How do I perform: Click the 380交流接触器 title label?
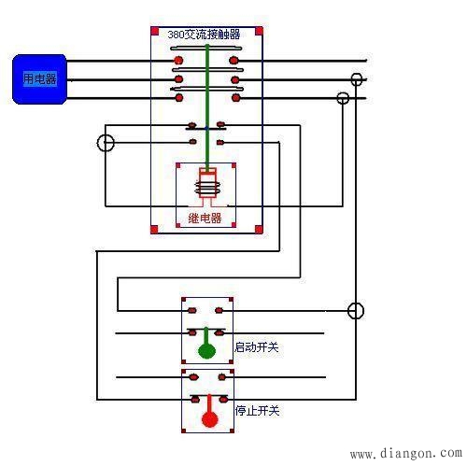click(205, 35)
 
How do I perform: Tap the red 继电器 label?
click(205, 219)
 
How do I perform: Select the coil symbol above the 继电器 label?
click(205, 187)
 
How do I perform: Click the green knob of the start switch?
click(205, 351)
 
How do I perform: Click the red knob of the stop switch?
click(210, 419)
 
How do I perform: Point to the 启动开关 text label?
click(257, 347)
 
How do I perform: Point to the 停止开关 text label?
click(257, 408)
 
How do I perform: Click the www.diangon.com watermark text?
click(404, 454)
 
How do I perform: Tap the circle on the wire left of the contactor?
click(106, 143)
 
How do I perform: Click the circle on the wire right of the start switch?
click(356, 311)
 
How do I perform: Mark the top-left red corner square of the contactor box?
click(155, 31)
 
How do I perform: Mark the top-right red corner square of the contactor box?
click(259, 31)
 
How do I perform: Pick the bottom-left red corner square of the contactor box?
click(155, 229)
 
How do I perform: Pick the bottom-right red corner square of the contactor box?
click(259, 229)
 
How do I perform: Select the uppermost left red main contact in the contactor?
click(177, 62)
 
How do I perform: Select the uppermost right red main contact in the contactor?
click(235, 62)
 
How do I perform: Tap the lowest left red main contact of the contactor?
click(177, 96)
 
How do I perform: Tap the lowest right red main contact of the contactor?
click(235, 96)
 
